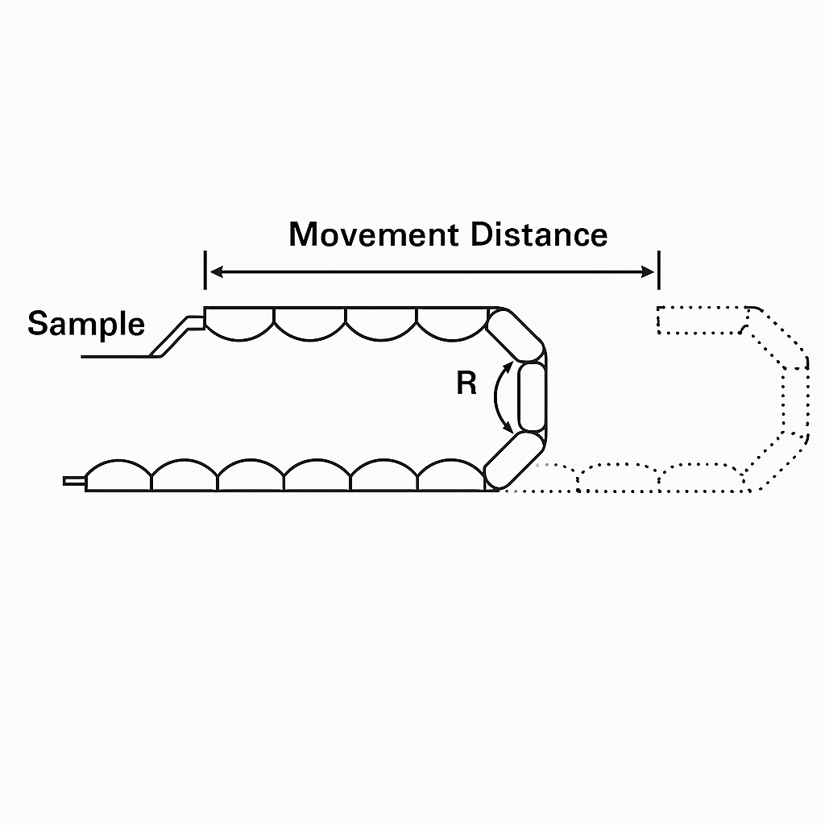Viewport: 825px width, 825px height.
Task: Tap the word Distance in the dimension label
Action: pyautogui.click(x=539, y=234)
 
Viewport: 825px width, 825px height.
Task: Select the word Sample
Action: pyautogui.click(x=86, y=324)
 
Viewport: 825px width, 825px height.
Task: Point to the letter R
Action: pyautogui.click(x=466, y=384)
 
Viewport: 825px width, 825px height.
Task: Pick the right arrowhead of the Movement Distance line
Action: pyautogui.click(x=649, y=273)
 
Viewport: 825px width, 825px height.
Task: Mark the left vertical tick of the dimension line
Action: pyautogui.click(x=205, y=270)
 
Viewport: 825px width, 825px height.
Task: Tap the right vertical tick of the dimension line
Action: pyautogui.click(x=659, y=270)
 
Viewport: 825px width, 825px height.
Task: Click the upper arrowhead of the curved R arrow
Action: pyautogui.click(x=508, y=367)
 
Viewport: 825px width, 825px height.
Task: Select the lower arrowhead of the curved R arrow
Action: pyautogui.click(x=508, y=433)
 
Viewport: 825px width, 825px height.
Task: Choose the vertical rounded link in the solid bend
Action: pyautogui.click(x=532, y=397)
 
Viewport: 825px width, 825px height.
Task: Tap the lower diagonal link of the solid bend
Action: pyautogui.click(x=513, y=460)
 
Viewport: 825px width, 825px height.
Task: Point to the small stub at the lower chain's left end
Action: pyautogui.click(x=74, y=481)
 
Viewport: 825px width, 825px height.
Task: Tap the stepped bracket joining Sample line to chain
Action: pyautogui.click(x=179, y=334)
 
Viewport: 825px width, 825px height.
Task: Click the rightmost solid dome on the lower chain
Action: pyautogui.click(x=450, y=476)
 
